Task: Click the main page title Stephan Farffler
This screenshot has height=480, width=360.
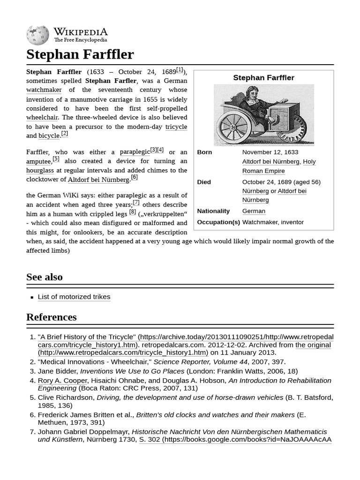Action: (80, 54)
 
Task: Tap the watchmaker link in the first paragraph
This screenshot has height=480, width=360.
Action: (44, 90)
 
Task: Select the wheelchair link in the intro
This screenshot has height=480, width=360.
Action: (42, 117)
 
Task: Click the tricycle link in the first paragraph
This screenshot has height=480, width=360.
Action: (176, 127)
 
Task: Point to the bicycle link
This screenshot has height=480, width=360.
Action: (49, 136)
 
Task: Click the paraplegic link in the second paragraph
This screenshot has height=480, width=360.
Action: (134, 152)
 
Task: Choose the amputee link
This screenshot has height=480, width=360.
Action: (38, 161)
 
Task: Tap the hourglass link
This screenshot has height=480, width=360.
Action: (40, 171)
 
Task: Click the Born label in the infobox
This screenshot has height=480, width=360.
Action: (204, 152)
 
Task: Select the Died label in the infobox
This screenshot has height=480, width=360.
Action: (204, 182)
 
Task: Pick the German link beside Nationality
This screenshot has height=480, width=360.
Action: (254, 211)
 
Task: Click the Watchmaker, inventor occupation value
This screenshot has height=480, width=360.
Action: (273, 222)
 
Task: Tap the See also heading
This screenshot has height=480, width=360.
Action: (45, 277)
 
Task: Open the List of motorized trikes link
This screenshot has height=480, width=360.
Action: (74, 297)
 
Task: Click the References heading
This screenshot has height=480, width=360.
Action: (51, 317)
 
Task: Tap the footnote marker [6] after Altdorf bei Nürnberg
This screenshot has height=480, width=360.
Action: (134, 177)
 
